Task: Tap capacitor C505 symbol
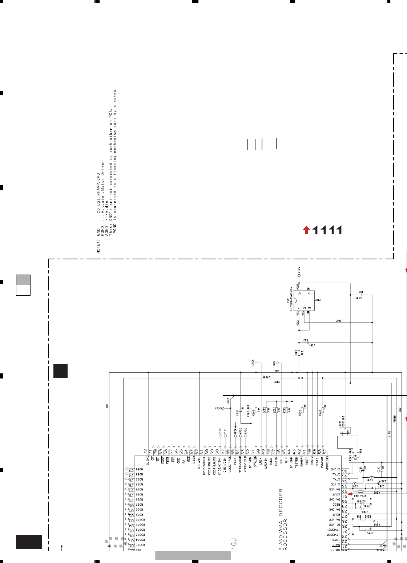click(x=360, y=295)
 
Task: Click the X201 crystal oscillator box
click(x=344, y=430)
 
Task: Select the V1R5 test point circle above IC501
click(x=299, y=276)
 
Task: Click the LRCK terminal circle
click(x=256, y=362)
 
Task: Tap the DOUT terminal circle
click(x=277, y=362)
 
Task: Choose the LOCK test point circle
click(x=223, y=408)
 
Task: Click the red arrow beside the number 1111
click(x=306, y=230)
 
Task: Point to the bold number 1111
click(x=327, y=230)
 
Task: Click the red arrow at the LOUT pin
click(x=350, y=494)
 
